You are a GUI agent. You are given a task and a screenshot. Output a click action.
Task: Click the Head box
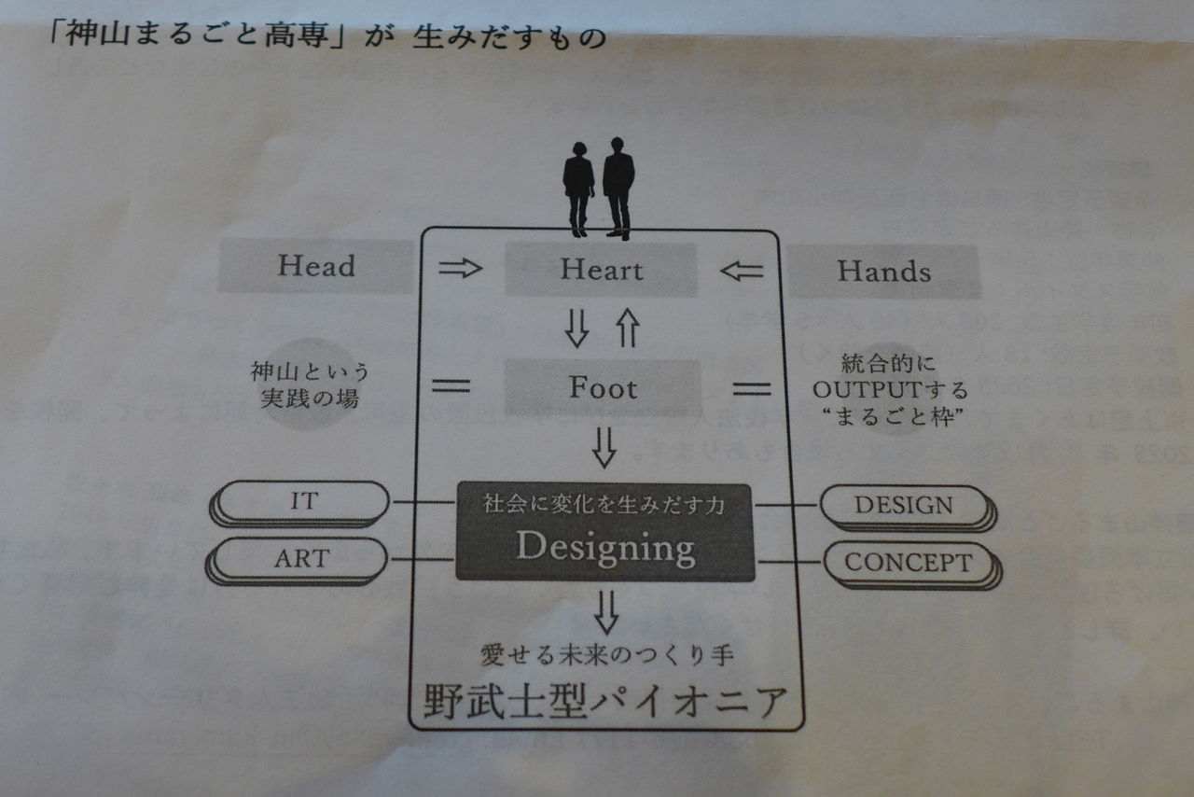(316, 266)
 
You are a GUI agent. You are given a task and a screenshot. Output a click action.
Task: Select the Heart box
(601, 271)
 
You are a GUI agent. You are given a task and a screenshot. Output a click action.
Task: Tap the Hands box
(883, 272)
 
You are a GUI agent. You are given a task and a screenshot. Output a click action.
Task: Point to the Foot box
(603, 387)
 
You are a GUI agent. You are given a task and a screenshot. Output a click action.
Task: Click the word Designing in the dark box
(605, 547)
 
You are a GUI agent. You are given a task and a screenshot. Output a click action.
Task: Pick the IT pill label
(302, 501)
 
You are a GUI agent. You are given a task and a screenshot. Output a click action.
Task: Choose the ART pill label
(301, 558)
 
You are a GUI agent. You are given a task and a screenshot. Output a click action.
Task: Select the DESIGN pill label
(904, 506)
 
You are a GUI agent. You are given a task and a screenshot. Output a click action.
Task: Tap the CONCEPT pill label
(908, 563)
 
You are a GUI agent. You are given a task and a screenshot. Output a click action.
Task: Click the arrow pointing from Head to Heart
(460, 269)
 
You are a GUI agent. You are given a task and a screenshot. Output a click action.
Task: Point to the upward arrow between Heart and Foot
(626, 329)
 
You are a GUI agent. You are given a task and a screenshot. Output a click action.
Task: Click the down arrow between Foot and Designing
(604, 446)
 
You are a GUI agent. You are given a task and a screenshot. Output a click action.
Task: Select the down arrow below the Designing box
(606, 611)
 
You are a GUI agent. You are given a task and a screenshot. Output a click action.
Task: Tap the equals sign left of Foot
(451, 385)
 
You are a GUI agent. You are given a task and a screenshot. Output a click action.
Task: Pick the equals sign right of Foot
(752, 388)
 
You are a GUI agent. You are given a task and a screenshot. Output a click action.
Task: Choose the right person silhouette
(618, 186)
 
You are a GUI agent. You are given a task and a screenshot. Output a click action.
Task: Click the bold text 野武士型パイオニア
(604, 701)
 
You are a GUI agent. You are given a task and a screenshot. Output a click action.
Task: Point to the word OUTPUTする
(889, 389)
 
